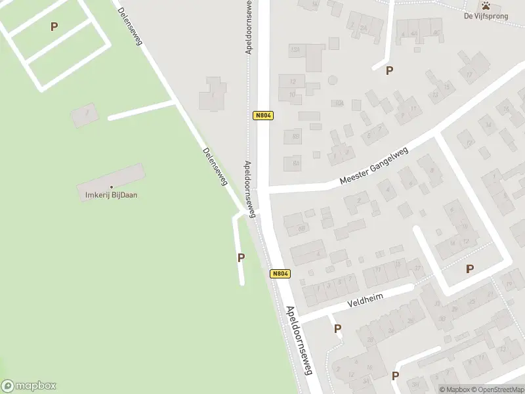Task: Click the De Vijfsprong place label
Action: coord(486,16)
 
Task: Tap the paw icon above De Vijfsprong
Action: coord(486,5)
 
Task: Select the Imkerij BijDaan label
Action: coord(111,194)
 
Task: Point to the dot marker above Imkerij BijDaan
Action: coord(111,187)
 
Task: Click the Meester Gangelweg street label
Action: coord(373,166)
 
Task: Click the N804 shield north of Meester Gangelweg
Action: coord(262,116)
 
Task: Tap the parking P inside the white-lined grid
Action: coord(54,26)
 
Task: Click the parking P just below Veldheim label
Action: coord(337,328)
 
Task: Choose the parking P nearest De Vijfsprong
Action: coord(390,70)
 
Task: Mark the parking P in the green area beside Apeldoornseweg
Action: coord(241,258)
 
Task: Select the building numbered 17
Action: coord(469,74)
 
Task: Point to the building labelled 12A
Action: coord(295,50)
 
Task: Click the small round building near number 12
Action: coord(333,80)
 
